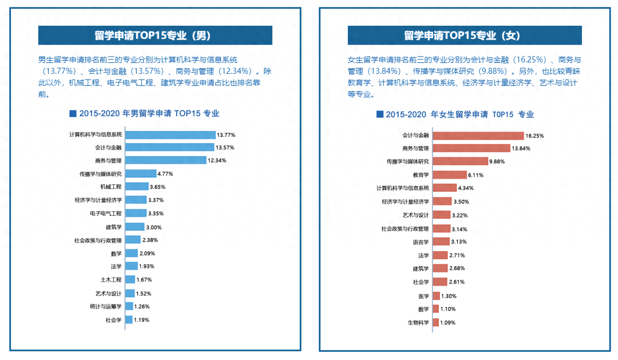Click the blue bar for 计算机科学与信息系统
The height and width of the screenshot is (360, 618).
[170, 134]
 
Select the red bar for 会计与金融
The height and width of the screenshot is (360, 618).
[478, 136]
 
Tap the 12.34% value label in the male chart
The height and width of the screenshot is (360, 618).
[217, 161]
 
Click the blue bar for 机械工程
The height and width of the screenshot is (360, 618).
[136, 187]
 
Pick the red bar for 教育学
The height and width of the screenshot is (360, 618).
[449, 175]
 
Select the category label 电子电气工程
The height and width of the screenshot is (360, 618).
[106, 213]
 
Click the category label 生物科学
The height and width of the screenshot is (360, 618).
[418, 323]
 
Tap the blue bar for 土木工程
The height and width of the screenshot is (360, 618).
[130, 280]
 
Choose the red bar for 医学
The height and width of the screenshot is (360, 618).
[436, 296]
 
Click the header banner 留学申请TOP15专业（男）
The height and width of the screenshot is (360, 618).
[155, 35]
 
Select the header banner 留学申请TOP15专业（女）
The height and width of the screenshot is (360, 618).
[465, 35]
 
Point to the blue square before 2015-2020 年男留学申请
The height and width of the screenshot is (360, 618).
[72, 113]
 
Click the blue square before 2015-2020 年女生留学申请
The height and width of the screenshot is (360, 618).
[379, 114]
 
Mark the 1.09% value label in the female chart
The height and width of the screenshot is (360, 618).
[449, 323]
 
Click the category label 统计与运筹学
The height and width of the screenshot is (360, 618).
[106, 307]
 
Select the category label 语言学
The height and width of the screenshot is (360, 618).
[421, 242]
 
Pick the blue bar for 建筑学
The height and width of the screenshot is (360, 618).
[134, 227]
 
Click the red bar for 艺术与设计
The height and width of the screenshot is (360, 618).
[441, 215]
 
